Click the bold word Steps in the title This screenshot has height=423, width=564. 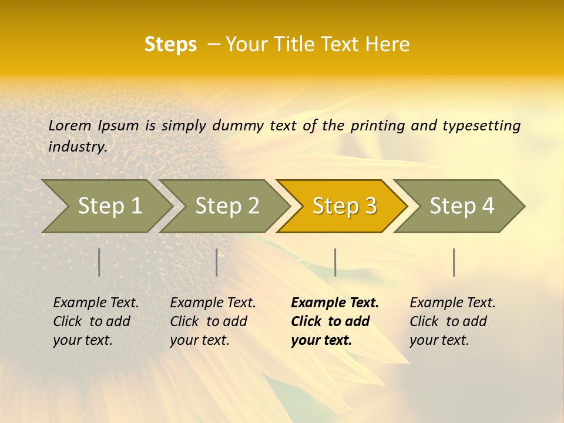pyautogui.click(x=170, y=45)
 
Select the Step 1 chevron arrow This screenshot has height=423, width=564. pyautogui.click(x=109, y=206)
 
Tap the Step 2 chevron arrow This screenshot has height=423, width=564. pyautogui.click(x=227, y=206)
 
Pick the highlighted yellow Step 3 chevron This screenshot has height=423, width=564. pyautogui.click(x=344, y=206)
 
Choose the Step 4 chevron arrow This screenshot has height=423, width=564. pyautogui.click(x=461, y=206)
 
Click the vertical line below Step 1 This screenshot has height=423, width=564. pyautogui.click(x=99, y=262)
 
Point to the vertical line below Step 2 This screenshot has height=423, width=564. pyautogui.click(x=217, y=262)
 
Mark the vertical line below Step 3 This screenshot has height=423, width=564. pyautogui.click(x=335, y=262)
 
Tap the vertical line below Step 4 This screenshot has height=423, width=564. pyautogui.click(x=454, y=262)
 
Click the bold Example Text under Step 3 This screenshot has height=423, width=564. pyautogui.click(x=335, y=321)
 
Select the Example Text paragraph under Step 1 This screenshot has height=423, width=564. pyautogui.click(x=96, y=321)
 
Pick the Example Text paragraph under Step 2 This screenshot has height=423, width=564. pyautogui.click(x=213, y=321)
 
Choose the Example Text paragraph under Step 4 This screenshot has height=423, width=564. pyautogui.click(x=452, y=321)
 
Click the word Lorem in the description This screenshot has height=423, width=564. pyautogui.click(x=70, y=125)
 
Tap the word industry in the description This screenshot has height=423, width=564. pyautogui.click(x=78, y=146)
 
